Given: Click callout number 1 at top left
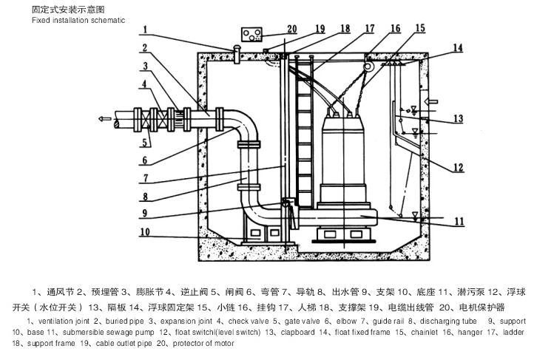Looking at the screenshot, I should (x=146, y=30).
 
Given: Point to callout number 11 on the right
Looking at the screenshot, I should (x=459, y=220).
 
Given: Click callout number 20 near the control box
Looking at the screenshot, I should (x=291, y=29).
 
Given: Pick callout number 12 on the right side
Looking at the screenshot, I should (x=459, y=166).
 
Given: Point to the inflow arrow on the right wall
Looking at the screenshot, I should (x=434, y=99).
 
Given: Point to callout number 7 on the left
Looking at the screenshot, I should (x=146, y=178).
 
